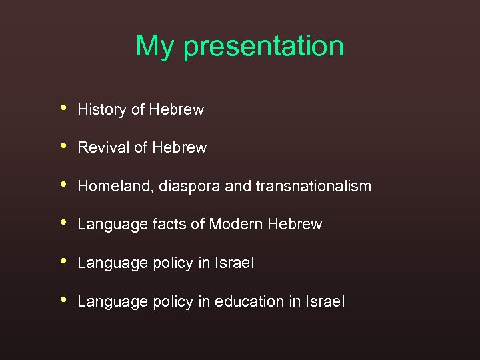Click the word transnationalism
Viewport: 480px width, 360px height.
pyautogui.click(x=313, y=186)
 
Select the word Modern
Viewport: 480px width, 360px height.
pyautogui.click(x=236, y=225)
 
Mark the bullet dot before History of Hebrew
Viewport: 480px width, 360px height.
pyautogui.click(x=63, y=107)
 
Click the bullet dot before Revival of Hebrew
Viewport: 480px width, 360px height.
pyautogui.click(x=63, y=145)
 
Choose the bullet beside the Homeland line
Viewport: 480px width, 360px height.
pyautogui.click(x=63, y=184)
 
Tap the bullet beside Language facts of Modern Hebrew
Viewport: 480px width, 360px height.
pyautogui.click(x=63, y=223)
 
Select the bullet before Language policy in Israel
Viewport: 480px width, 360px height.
pyautogui.click(x=63, y=261)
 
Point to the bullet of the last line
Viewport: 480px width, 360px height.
pyautogui.click(x=63, y=299)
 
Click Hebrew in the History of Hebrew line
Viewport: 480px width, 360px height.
pyautogui.click(x=177, y=110)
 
